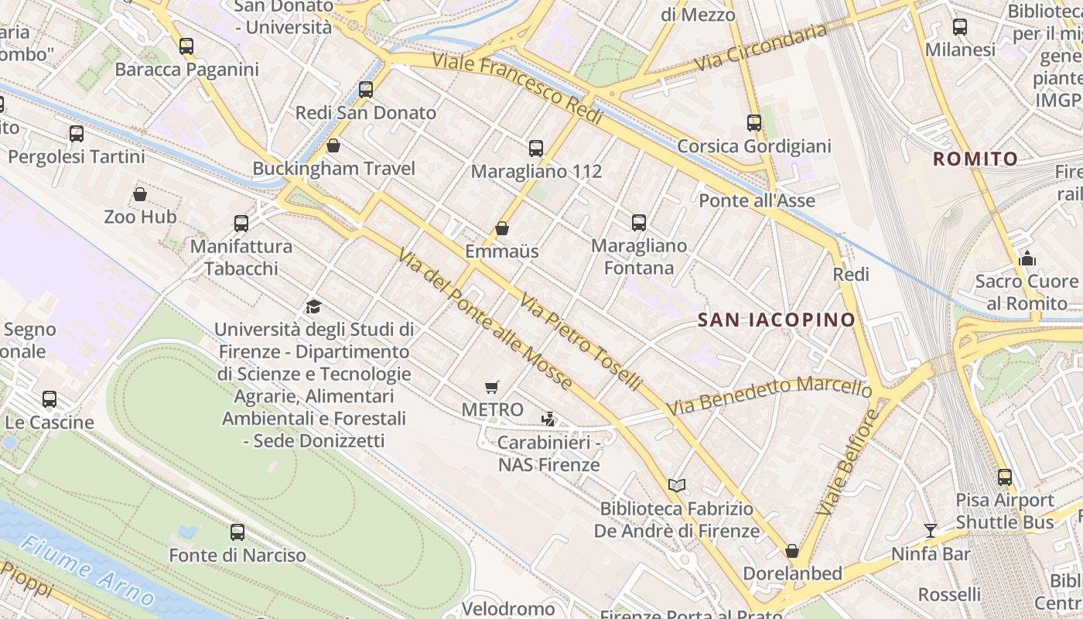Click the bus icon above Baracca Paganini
186,46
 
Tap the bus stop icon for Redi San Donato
366,90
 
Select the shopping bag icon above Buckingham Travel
333,145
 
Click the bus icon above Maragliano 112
536,149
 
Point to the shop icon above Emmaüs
502,228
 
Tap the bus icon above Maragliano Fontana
639,223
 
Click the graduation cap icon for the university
313,306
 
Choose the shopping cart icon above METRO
492,387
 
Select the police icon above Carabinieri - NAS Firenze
548,419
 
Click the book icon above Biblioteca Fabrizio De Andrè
677,485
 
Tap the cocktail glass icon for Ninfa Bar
931,531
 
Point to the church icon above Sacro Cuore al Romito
1027,258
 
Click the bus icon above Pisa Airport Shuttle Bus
1005,477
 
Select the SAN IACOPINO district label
777,320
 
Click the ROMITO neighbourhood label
975,159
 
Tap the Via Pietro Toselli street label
580,340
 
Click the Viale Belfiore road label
848,463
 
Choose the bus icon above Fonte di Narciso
237,532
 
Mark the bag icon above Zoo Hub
140,194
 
